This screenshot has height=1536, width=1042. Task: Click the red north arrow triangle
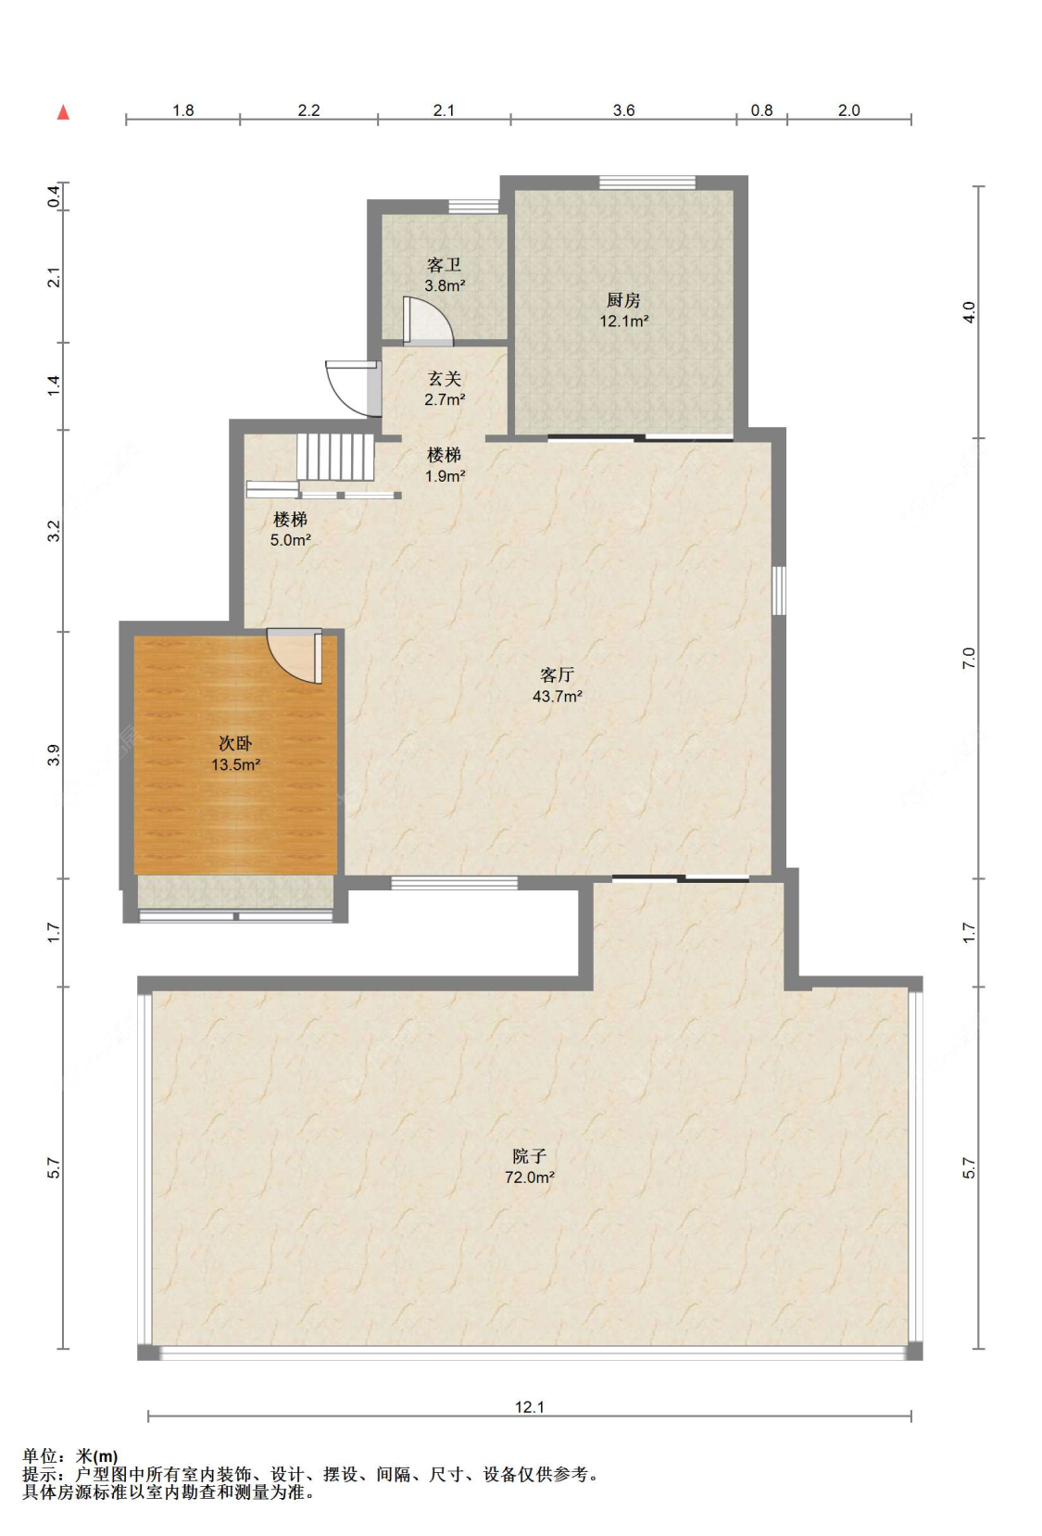pos(63,112)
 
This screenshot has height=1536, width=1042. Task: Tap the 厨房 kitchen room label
pos(624,300)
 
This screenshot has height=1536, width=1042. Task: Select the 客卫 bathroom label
pos(445,265)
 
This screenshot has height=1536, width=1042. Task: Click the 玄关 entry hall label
pos(445,379)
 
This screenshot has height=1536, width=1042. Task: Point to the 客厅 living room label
pos(558,675)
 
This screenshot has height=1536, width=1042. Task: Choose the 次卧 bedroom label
pos(235,743)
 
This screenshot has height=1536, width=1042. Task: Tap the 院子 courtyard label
pos(529,1156)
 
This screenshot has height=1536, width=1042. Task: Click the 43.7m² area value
pos(558,697)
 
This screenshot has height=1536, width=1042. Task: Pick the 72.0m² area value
pos(529,1177)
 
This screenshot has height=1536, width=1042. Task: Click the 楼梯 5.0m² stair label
pos(290,529)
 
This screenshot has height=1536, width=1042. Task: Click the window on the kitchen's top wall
pos(647,183)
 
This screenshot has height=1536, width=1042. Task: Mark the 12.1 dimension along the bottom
pos(529,1407)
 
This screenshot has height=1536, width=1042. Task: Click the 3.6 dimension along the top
pos(624,110)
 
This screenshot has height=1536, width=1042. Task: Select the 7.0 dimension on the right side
pos(968,659)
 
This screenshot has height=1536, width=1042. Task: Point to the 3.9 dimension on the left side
pos(54,755)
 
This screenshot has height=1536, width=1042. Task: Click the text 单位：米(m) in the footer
pos(69,1455)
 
